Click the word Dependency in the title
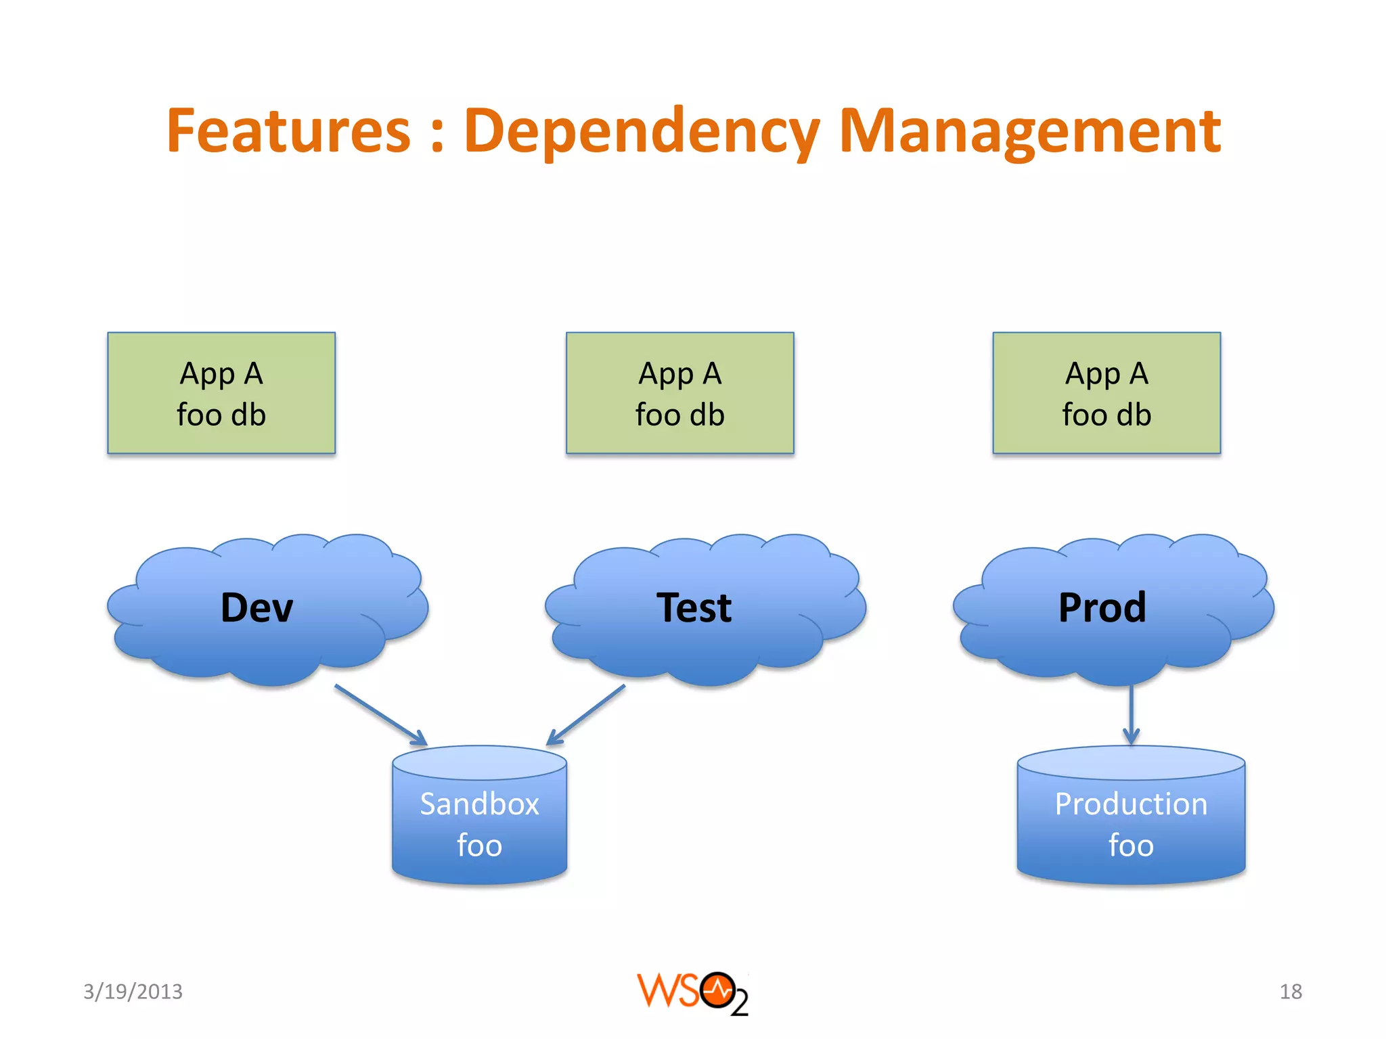click(642, 132)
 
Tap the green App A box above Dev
click(221, 393)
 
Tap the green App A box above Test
click(679, 393)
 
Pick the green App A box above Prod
click(1106, 393)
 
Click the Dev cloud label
click(257, 607)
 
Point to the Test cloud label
click(694, 607)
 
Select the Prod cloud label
click(1102, 607)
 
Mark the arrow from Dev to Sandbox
click(381, 715)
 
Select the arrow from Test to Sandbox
click(586, 715)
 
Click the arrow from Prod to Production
click(1131, 715)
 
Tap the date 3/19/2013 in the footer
click(133, 992)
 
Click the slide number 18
click(1291, 992)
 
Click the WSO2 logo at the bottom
click(692, 993)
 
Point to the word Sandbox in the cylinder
click(479, 804)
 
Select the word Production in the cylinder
click(1131, 804)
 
